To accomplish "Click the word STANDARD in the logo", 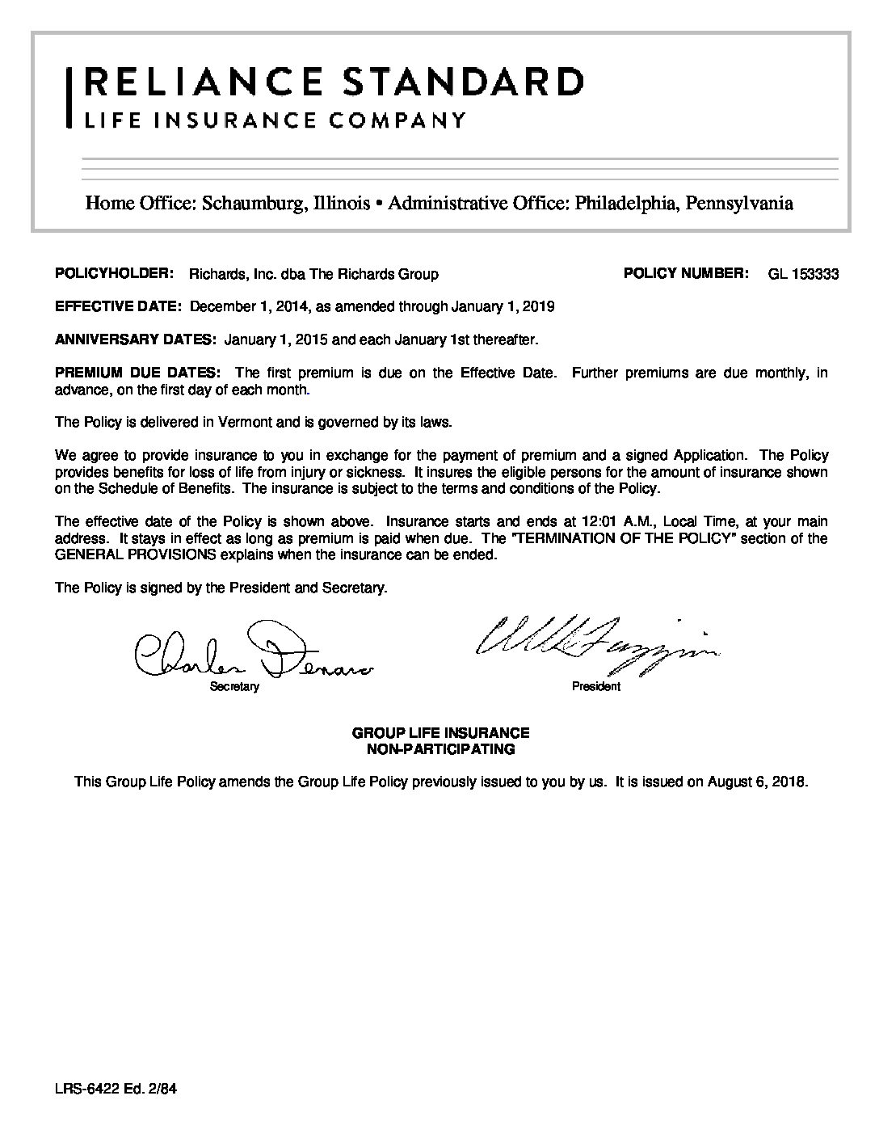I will [463, 82].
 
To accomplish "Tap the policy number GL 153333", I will [803, 274].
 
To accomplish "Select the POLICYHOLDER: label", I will [114, 274].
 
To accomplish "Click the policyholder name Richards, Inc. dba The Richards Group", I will [313, 274].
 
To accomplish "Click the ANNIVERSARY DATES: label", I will [135, 339].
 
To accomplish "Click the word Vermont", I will [238, 422].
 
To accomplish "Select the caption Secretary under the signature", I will [234, 687].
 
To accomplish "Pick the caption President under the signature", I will [596, 687].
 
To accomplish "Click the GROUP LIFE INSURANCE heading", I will [440, 733].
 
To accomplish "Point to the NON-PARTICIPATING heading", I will [440, 749].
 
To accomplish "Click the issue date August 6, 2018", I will [756, 782].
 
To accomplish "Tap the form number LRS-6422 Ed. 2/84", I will [116, 1089].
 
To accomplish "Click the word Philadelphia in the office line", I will [626, 203].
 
